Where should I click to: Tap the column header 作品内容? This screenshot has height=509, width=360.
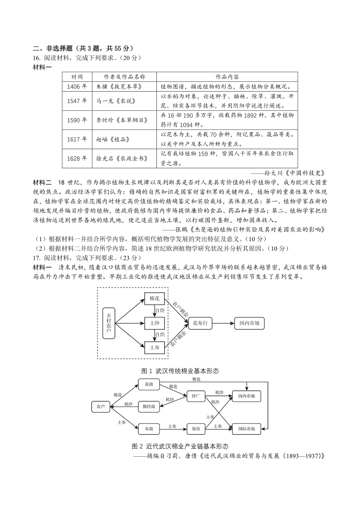[x=227, y=77]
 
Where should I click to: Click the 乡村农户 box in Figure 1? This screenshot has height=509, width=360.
[x=109, y=323]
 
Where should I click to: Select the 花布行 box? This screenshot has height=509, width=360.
[x=200, y=323]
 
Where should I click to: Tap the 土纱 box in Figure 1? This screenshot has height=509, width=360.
[x=155, y=323]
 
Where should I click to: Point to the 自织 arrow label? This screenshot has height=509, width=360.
[x=160, y=334]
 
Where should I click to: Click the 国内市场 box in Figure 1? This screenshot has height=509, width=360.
[x=249, y=323]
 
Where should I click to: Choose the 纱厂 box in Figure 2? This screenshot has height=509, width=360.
[x=196, y=396]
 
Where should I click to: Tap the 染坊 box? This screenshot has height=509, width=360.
[x=196, y=429]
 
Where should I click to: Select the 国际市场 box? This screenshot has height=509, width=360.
[x=246, y=429]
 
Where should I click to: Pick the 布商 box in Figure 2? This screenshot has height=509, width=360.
[x=149, y=429]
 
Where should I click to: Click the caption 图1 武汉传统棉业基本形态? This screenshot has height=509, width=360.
[x=180, y=370]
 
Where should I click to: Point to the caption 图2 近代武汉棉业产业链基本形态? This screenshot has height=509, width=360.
[x=180, y=446]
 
